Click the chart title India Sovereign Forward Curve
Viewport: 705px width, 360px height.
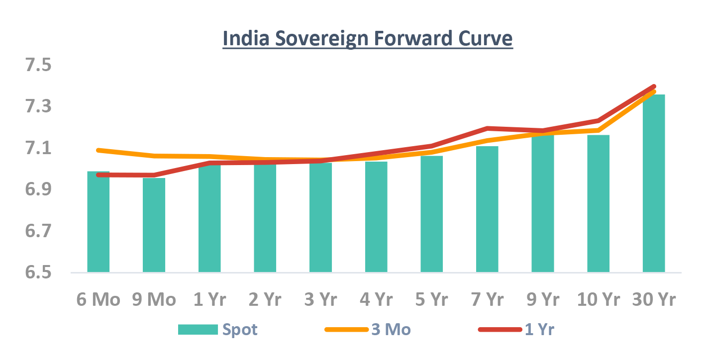click(x=367, y=39)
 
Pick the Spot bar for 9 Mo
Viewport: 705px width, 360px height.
click(x=154, y=225)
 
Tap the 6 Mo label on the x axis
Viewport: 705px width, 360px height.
click(x=99, y=300)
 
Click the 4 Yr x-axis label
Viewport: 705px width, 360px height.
click(x=376, y=300)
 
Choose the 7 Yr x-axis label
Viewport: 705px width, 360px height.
click(x=487, y=300)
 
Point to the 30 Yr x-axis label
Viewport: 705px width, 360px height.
click(x=654, y=300)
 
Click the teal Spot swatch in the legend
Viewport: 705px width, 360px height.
click(x=198, y=329)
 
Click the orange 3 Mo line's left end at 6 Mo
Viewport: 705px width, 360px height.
click(x=99, y=150)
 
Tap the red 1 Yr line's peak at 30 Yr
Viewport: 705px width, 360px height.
click(x=654, y=87)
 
